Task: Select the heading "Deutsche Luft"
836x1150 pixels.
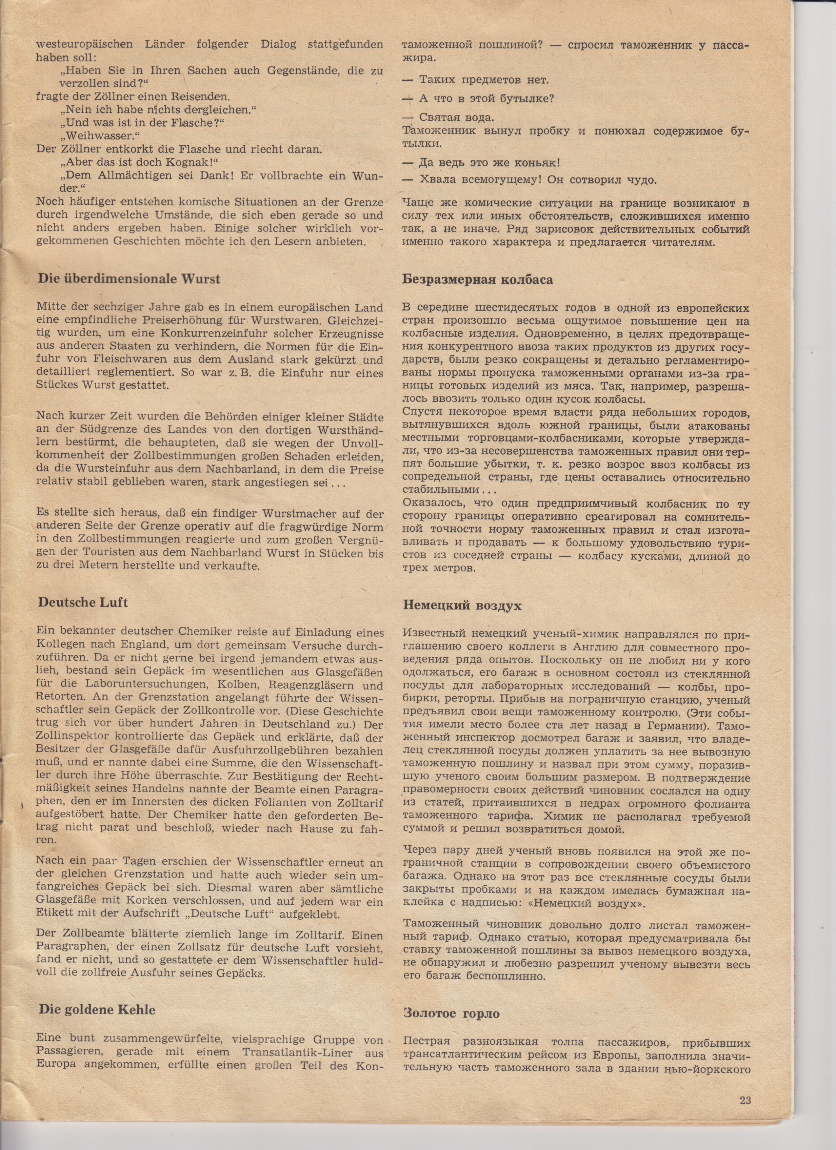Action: (x=83, y=602)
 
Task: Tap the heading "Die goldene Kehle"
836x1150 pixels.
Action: (x=97, y=981)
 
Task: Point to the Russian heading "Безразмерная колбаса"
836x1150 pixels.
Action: (x=478, y=280)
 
